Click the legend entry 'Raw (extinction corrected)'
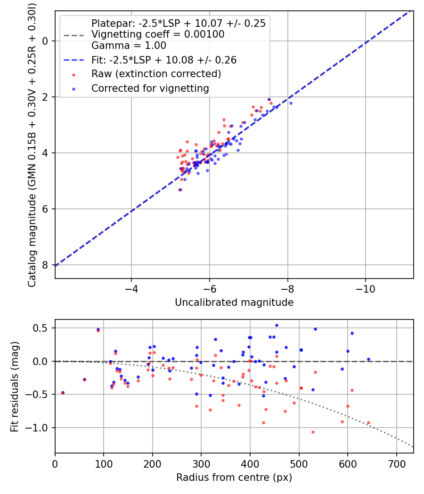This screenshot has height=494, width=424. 156,74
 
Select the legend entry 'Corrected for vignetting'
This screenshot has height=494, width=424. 150,88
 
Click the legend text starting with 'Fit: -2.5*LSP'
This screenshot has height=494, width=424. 164,60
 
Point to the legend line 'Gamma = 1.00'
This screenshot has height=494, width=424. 129,45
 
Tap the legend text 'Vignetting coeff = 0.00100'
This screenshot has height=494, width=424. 158,34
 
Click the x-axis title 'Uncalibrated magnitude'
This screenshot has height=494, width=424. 234,303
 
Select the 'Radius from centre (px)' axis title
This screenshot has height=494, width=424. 234,478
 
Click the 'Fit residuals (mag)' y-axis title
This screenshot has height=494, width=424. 15,387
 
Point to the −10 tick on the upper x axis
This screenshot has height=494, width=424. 366,289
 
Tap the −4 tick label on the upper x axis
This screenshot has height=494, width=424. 131,289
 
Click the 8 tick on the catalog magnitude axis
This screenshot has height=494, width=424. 45,265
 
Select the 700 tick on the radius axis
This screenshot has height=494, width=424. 396,464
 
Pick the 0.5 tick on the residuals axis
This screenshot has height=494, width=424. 41,328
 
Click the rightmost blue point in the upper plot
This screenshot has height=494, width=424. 291,104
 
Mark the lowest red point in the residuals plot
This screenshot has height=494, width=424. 313,432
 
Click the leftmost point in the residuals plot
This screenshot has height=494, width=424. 63,392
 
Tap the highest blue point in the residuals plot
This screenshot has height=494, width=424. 277,326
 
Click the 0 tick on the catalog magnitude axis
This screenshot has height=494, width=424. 45,41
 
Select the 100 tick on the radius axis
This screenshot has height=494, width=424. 104,464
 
